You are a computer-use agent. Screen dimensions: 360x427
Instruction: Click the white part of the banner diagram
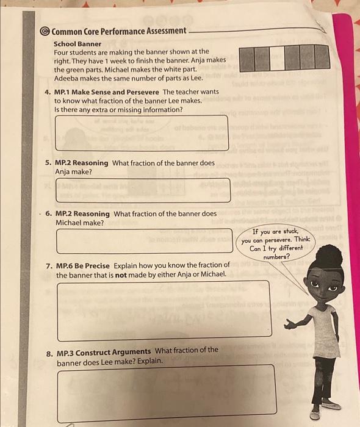[x=278, y=58]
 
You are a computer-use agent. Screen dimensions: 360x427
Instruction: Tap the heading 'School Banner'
[x=77, y=44]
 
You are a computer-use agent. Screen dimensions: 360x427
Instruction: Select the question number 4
[x=48, y=92]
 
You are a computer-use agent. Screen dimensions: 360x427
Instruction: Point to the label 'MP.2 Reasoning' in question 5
[x=82, y=163]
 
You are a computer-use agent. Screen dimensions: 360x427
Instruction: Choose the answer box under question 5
[x=143, y=190]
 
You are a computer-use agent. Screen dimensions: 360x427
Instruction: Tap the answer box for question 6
[x=144, y=240]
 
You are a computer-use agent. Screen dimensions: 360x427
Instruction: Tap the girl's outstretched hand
[x=289, y=326]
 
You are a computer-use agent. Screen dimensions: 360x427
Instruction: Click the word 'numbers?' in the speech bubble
[x=275, y=257]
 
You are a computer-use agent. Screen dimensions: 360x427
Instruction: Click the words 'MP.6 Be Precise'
[x=82, y=265]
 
